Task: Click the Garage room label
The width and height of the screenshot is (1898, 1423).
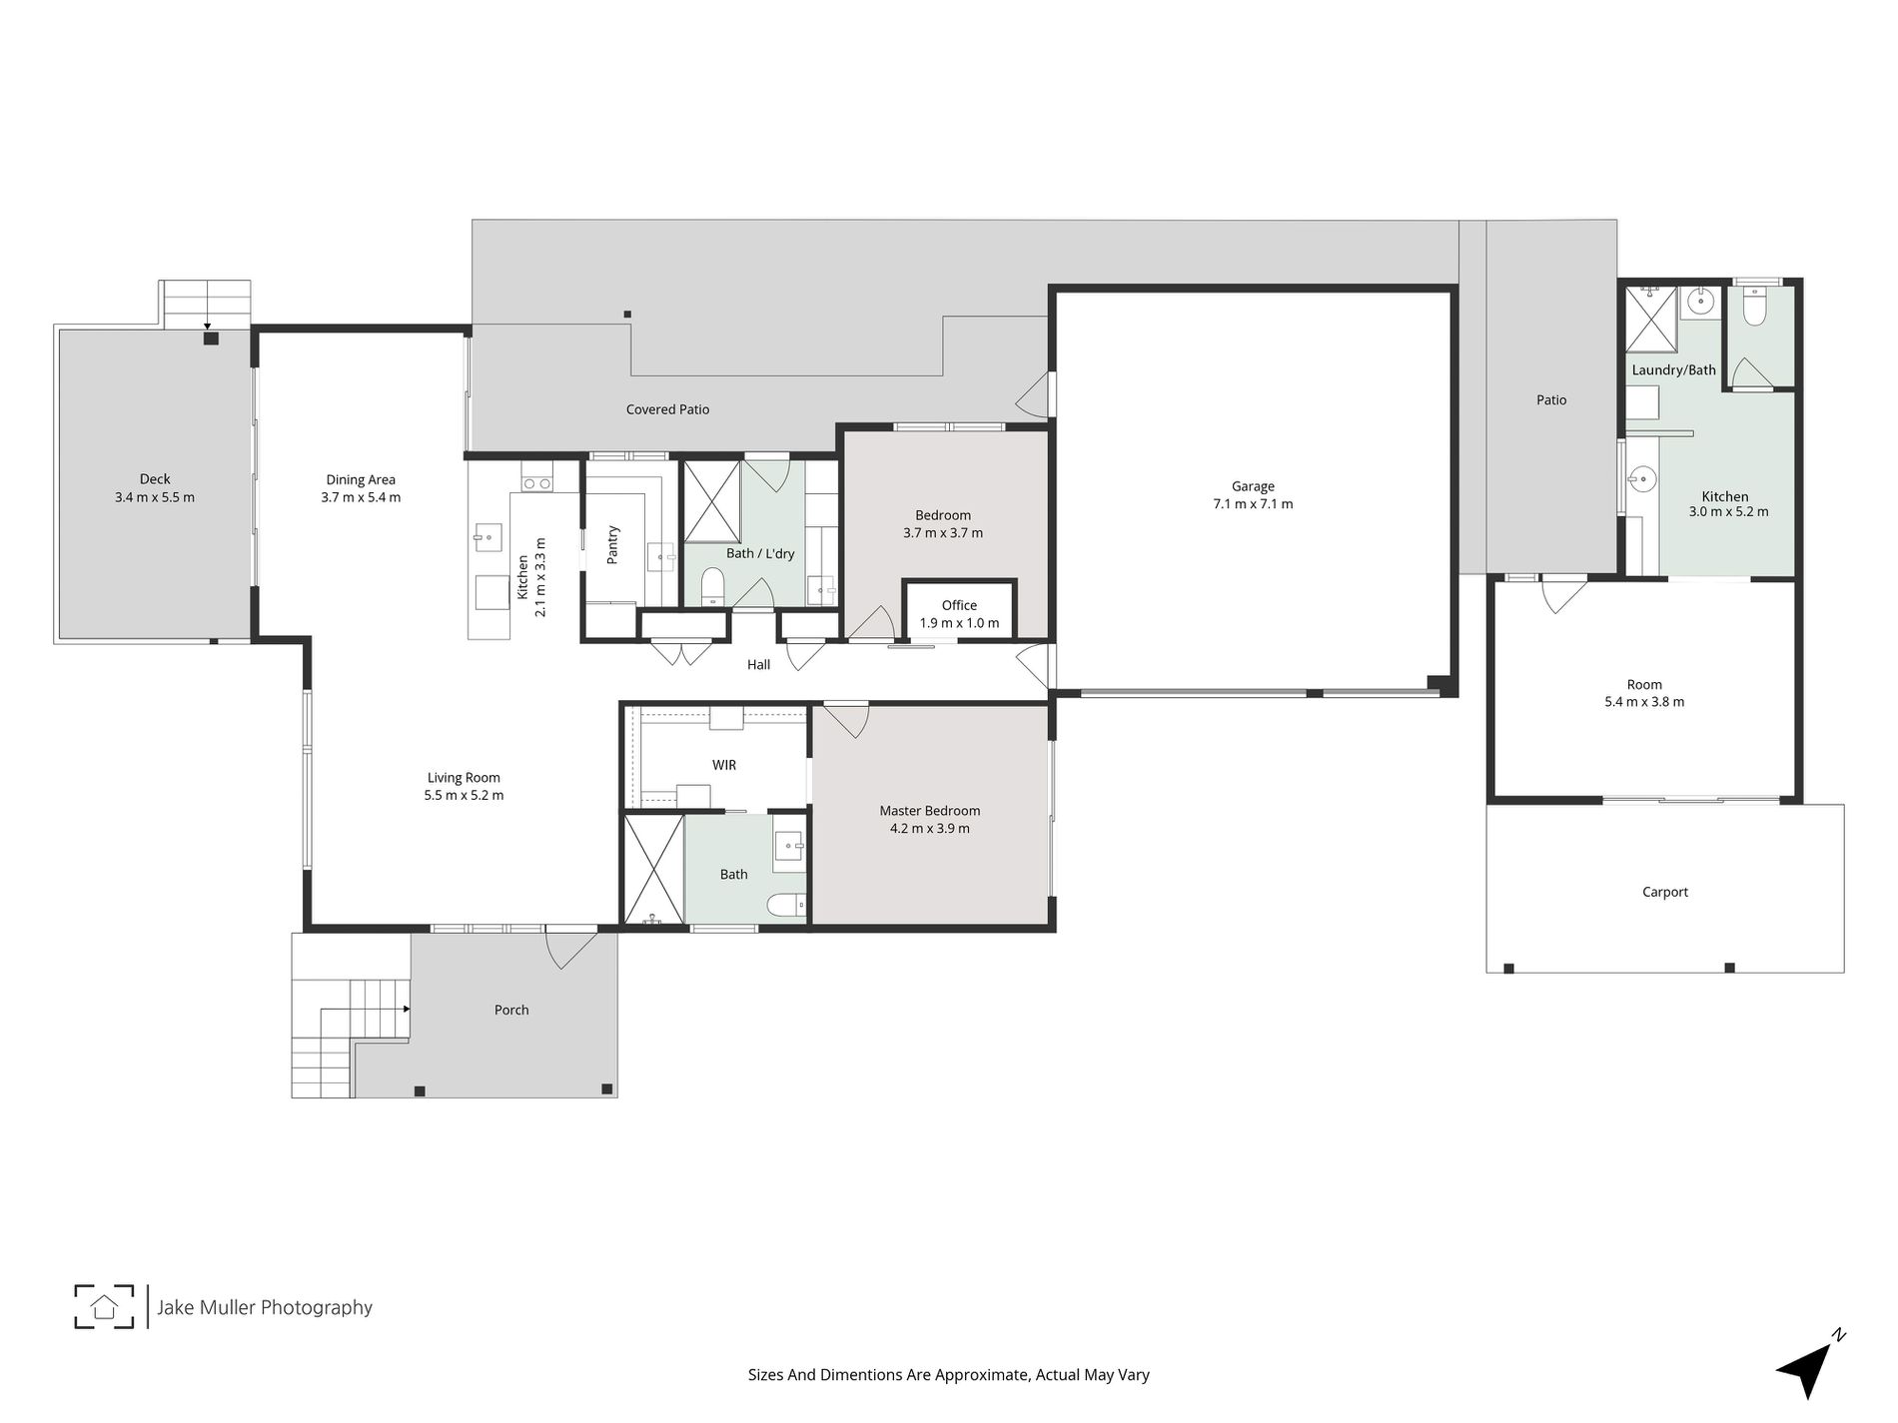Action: point(1253,486)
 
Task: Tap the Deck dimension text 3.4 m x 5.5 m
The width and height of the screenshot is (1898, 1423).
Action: point(155,497)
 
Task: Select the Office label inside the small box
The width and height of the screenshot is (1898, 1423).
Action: point(959,605)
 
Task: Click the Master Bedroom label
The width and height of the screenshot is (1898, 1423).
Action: point(929,811)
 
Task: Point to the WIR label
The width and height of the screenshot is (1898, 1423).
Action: point(724,765)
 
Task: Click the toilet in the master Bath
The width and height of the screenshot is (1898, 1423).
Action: point(786,905)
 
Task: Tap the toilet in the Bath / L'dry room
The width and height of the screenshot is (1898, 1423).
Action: point(712,586)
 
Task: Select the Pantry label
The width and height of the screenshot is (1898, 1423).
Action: point(613,545)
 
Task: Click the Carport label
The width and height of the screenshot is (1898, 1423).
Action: point(1664,892)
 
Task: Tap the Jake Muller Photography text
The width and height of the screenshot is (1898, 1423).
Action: point(265,1307)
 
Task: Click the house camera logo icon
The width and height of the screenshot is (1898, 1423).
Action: point(104,1306)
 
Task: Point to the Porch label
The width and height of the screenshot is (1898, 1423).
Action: point(511,1010)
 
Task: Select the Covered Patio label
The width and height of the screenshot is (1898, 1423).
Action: point(667,409)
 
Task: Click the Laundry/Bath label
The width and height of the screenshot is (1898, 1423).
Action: point(1673,370)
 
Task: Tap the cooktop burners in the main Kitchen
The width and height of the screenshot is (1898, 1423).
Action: point(536,483)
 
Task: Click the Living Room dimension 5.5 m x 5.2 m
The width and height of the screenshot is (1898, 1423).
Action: point(464,796)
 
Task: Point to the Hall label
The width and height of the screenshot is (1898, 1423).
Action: point(758,664)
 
